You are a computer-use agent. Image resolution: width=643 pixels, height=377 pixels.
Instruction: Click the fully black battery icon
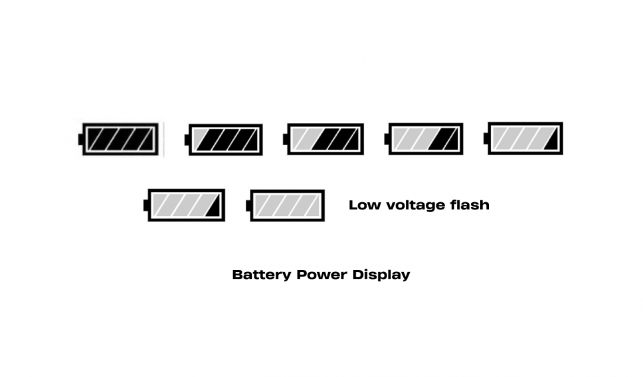[x=118, y=139]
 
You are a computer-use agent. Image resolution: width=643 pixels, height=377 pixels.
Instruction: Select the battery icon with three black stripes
[x=224, y=140]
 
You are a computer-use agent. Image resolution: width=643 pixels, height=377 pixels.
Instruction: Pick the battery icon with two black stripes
[x=323, y=139]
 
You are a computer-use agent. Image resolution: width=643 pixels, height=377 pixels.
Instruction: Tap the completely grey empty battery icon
[x=286, y=205]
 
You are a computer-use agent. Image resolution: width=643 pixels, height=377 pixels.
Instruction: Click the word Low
[x=365, y=205]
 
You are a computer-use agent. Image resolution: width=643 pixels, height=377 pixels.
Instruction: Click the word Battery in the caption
[x=262, y=275]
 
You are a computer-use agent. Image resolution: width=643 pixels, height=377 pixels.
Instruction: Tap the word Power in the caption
[x=321, y=275]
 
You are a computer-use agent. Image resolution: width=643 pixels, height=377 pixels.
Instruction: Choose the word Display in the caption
[x=381, y=275]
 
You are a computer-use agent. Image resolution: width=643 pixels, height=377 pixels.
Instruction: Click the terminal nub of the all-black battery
[x=80, y=139]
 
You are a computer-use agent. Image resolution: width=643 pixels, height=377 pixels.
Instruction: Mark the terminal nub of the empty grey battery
[x=248, y=205]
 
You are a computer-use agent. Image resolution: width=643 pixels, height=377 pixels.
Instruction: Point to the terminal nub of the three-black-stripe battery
[x=187, y=140]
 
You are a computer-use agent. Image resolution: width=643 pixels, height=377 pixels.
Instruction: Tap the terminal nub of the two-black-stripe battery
[x=285, y=139]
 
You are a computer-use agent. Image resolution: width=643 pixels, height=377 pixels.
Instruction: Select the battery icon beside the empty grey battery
[x=184, y=205]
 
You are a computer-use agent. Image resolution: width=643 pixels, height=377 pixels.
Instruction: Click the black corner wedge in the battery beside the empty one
[x=215, y=209]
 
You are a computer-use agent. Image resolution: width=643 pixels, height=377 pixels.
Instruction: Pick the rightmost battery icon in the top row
[x=523, y=138]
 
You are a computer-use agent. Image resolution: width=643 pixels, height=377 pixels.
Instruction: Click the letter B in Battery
[x=237, y=275]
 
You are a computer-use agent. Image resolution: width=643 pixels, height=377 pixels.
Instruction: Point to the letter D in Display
[x=357, y=275]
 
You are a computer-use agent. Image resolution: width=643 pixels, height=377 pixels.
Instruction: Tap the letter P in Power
[x=302, y=275]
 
